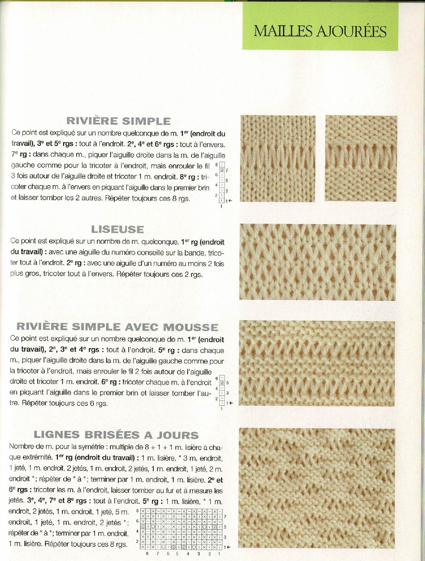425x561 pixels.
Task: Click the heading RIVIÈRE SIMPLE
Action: [x=118, y=121]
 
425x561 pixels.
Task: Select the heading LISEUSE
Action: [x=117, y=229]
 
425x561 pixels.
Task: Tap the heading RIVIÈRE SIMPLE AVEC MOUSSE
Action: [x=117, y=327]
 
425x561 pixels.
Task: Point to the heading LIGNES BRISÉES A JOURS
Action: [x=116, y=435]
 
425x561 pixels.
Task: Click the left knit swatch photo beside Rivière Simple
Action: [x=278, y=158]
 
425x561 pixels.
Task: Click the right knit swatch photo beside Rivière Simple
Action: [x=361, y=158]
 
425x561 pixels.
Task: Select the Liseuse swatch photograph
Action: [x=317, y=262]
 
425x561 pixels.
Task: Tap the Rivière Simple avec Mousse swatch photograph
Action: [x=317, y=363]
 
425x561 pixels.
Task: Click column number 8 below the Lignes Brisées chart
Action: [x=147, y=554]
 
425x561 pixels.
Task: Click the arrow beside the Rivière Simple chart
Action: [x=230, y=201]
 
